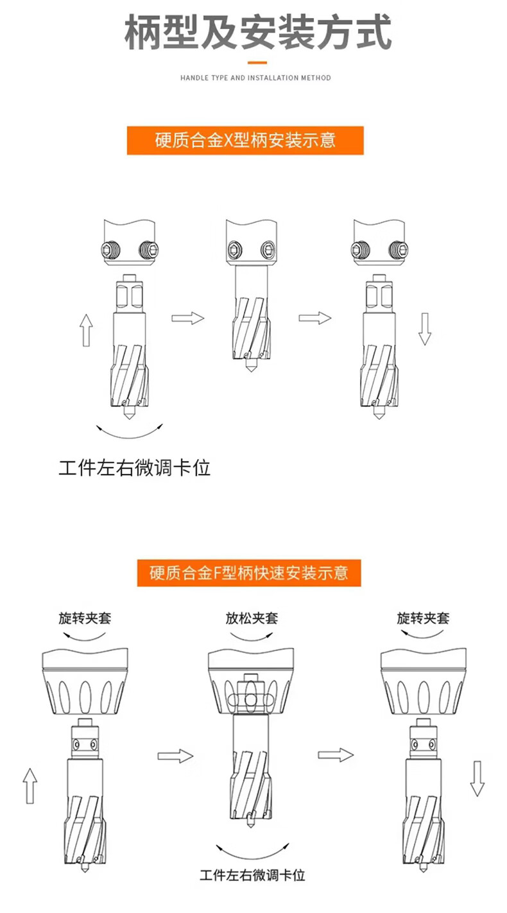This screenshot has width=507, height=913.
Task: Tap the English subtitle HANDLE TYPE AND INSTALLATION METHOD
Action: [255, 78]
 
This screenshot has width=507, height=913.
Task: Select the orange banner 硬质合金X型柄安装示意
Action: [246, 140]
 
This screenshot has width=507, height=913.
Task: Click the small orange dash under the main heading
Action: [257, 62]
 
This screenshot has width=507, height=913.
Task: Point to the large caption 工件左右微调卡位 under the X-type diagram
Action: [135, 467]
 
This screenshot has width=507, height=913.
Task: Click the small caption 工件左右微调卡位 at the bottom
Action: [252, 874]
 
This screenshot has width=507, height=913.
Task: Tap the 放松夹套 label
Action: [252, 619]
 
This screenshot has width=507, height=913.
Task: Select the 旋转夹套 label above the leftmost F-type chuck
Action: [85, 619]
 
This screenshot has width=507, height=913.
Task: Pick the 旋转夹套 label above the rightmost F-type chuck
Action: [423, 619]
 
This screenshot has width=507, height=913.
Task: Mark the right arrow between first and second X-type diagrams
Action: [187, 318]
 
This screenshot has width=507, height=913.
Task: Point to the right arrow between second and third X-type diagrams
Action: [314, 318]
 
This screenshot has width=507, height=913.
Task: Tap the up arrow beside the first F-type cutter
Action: [30, 785]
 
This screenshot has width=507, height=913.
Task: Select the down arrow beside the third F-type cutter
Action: [477, 779]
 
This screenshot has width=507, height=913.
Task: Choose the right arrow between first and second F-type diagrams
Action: [176, 756]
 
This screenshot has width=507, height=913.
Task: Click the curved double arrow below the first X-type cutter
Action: [129, 431]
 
